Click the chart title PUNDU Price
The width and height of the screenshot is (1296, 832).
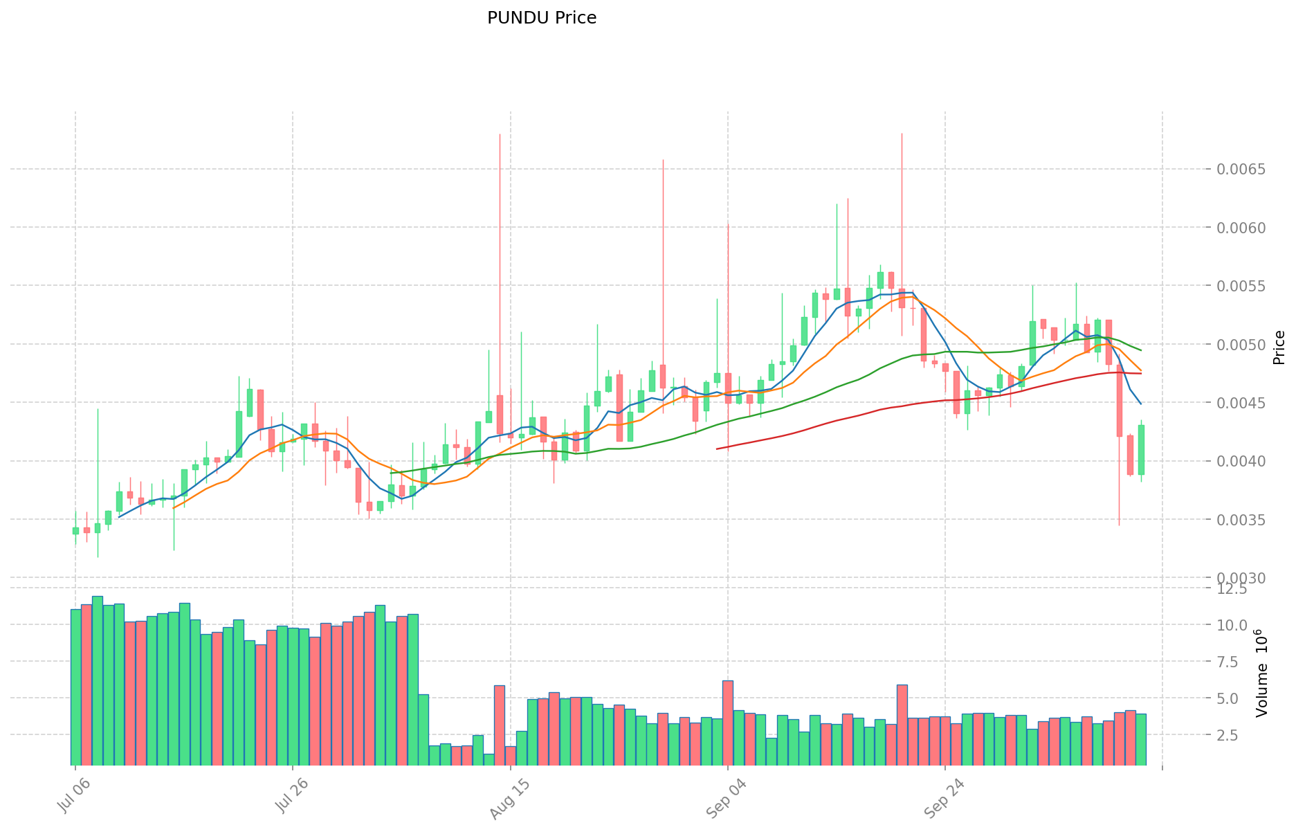[541, 18]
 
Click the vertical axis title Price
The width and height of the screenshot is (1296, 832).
[1279, 347]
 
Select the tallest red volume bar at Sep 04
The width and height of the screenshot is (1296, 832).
[728, 723]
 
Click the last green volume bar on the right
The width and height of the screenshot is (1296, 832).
[1140, 739]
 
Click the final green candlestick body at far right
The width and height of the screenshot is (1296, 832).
[1141, 450]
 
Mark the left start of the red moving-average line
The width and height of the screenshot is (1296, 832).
[717, 449]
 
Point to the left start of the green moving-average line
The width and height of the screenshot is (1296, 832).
[391, 473]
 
